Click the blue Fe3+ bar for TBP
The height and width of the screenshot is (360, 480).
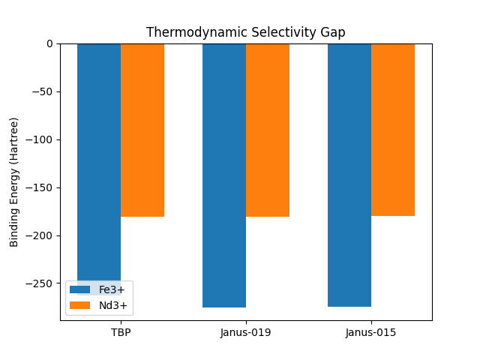click(x=99, y=150)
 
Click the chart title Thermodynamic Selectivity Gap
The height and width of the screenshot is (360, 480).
click(x=245, y=32)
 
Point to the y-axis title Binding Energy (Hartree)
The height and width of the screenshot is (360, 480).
click(x=14, y=181)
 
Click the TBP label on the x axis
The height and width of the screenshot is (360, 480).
click(x=121, y=332)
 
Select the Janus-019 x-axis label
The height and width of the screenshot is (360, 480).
click(x=246, y=332)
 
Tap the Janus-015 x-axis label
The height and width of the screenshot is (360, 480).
click(x=371, y=332)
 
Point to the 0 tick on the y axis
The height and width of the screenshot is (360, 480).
click(x=49, y=43)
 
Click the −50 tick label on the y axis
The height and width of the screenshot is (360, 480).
click(x=43, y=91)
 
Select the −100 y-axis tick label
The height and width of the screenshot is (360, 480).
click(x=40, y=139)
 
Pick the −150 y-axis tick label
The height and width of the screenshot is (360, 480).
click(x=40, y=187)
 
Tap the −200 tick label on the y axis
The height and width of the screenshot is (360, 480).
click(x=40, y=235)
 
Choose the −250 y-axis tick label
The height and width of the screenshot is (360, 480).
click(x=40, y=283)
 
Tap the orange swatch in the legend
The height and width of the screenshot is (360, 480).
click(x=80, y=305)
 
